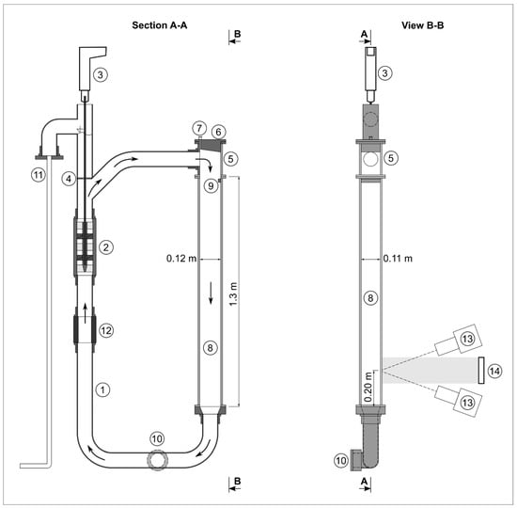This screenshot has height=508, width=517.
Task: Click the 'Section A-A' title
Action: click(160, 25)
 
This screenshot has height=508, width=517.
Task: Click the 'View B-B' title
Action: click(422, 25)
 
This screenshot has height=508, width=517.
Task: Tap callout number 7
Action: click(199, 128)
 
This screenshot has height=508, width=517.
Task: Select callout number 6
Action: click(218, 132)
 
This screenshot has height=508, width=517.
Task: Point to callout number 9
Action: click(211, 186)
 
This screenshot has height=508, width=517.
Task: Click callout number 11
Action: click(39, 175)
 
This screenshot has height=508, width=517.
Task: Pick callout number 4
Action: click(69, 179)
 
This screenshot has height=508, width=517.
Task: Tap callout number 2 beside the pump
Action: click(106, 246)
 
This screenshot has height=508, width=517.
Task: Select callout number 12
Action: click(106, 330)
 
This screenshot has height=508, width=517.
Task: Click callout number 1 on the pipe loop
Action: click(102, 389)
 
